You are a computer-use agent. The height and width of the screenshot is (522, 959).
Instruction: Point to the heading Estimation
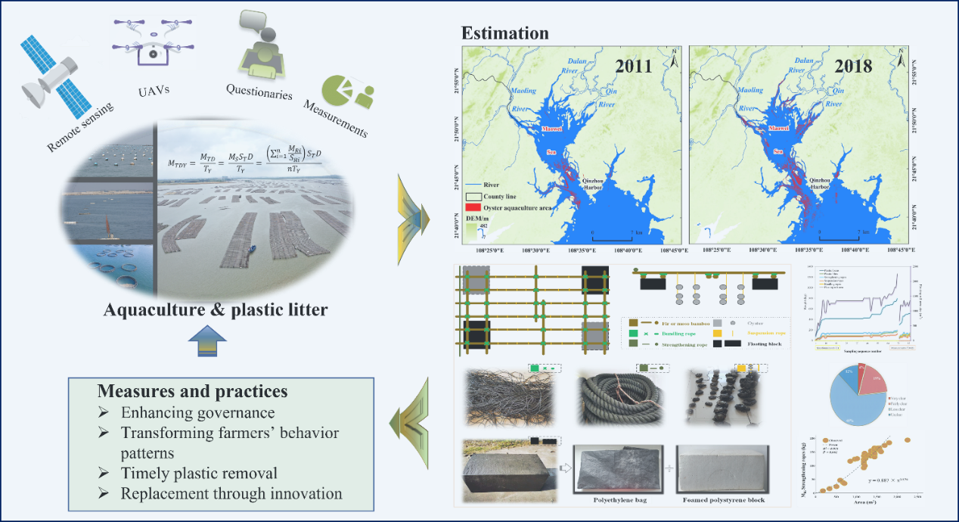pos(506,33)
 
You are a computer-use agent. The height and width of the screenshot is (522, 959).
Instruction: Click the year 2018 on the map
pos(853,66)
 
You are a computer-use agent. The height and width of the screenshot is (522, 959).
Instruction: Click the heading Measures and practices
pos(192,392)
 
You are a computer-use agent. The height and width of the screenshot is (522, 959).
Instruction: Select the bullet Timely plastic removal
pos(199,474)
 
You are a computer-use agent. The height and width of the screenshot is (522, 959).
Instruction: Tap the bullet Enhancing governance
pos(197,413)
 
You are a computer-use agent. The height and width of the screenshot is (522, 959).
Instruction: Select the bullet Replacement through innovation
pos(231,494)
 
